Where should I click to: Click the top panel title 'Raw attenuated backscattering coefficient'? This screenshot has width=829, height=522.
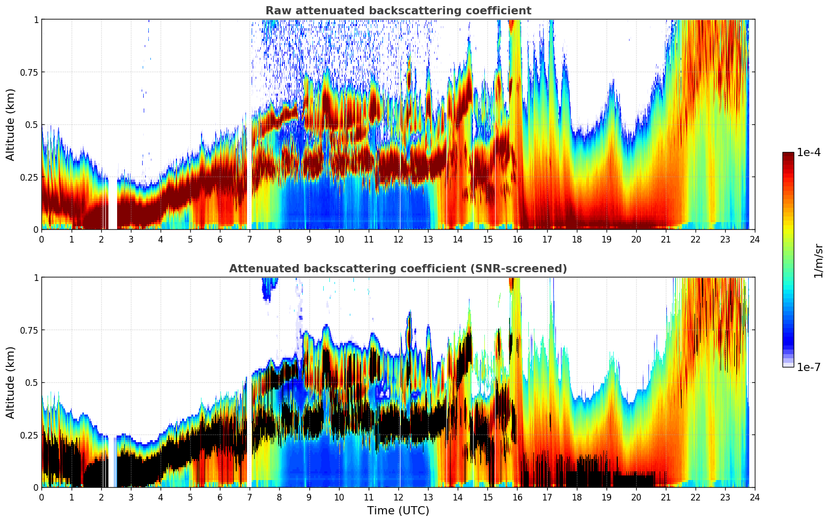[x=398, y=11]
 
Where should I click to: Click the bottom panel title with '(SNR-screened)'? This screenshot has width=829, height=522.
[x=398, y=269]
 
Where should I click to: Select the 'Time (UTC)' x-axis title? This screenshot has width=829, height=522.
[x=398, y=511]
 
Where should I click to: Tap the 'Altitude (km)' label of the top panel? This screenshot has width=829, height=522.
[x=11, y=124]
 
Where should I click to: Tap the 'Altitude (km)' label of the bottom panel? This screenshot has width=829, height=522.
[x=11, y=382]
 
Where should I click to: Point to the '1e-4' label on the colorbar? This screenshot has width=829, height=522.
[x=809, y=153]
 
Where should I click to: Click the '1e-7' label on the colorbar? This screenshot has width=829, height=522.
[x=809, y=367]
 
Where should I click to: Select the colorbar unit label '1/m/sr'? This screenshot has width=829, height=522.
[x=818, y=261]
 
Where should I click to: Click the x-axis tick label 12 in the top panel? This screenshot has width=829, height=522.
[x=398, y=240]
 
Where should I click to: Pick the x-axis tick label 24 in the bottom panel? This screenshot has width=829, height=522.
[x=754, y=497]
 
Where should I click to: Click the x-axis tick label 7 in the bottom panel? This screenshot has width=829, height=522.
[x=250, y=497]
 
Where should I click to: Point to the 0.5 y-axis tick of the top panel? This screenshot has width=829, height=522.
[x=32, y=125]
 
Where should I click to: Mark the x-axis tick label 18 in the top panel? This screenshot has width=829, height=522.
[x=576, y=240]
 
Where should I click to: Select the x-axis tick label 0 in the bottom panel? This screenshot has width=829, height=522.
[x=41, y=497]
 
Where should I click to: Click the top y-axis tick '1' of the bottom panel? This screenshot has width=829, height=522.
[x=36, y=278]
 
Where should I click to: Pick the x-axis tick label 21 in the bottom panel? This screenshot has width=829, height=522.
[x=665, y=497]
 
